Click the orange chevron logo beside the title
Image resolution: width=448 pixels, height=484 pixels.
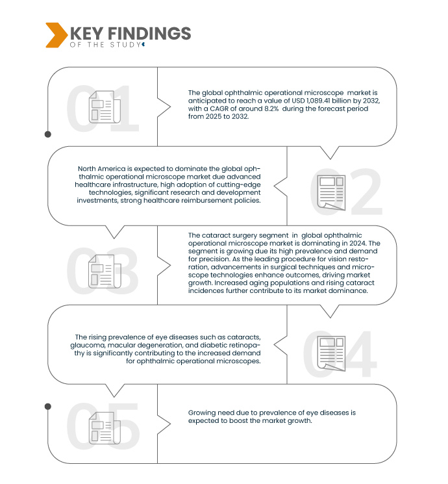[x=56, y=35]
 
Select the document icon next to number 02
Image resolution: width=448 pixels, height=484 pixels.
[x=330, y=192]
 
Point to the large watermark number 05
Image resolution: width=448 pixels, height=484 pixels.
[x=103, y=427]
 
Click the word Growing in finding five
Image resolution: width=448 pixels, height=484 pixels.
[x=203, y=413]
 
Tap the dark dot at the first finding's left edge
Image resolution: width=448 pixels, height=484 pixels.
[x=47, y=134]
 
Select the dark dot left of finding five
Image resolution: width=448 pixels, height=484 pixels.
[x=47, y=406]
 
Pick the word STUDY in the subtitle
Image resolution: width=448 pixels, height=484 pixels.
[x=127, y=45]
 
